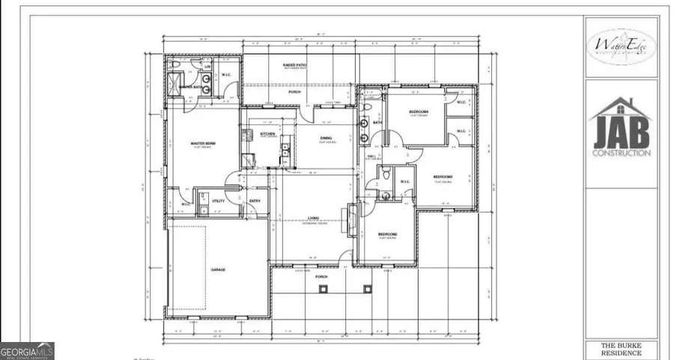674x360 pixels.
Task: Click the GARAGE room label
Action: click(218, 269)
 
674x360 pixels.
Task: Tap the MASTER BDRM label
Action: click(204, 144)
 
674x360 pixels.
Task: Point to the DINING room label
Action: click(327, 138)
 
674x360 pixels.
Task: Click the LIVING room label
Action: click(314, 219)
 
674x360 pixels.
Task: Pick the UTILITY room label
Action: click(219, 201)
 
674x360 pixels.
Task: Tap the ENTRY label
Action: click(255, 201)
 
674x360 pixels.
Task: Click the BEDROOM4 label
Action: click(418, 112)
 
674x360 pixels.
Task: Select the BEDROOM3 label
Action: click(443, 177)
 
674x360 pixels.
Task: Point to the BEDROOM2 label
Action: click(387, 234)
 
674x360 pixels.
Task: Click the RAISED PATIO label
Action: click(294, 66)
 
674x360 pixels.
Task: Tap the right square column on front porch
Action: click(367, 289)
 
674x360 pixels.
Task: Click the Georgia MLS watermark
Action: click(27, 351)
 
